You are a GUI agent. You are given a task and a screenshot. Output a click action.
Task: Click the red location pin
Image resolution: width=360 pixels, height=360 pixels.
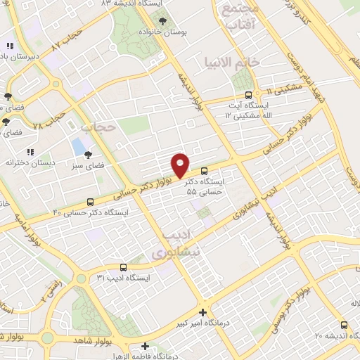click(x=181, y=165)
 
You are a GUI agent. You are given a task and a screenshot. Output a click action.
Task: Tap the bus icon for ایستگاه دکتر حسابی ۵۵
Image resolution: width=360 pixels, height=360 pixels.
click(x=204, y=171)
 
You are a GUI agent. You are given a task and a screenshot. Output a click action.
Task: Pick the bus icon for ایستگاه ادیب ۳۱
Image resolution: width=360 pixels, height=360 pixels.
click(x=124, y=267)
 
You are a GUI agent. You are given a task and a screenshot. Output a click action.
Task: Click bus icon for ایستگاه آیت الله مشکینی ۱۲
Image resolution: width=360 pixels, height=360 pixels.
click(x=247, y=96)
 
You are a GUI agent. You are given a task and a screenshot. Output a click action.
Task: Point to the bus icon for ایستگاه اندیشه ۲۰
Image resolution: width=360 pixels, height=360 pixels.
click(x=344, y=325)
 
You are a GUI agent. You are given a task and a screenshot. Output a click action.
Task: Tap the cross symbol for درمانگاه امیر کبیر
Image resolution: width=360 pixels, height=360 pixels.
click(x=202, y=312)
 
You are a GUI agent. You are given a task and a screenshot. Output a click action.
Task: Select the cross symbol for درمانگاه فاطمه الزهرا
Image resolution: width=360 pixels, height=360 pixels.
click(x=145, y=346)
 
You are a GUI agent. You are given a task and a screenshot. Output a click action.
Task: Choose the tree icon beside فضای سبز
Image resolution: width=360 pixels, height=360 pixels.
click(x=88, y=155)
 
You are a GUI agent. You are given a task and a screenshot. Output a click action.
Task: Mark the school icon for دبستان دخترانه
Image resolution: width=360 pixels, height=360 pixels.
click(x=30, y=152)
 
